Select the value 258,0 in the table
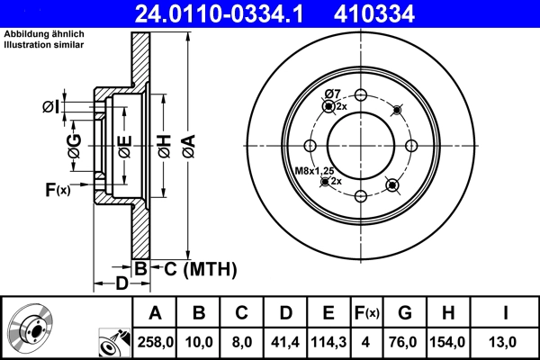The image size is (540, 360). [x=155, y=342]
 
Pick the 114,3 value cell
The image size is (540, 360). [x=328, y=342]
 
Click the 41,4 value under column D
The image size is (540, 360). [x=285, y=342]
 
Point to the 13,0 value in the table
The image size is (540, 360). [x=506, y=342]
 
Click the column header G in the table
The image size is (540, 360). [x=405, y=313]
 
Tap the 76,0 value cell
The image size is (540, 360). [x=405, y=342]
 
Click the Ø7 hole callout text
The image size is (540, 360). [x=331, y=94]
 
